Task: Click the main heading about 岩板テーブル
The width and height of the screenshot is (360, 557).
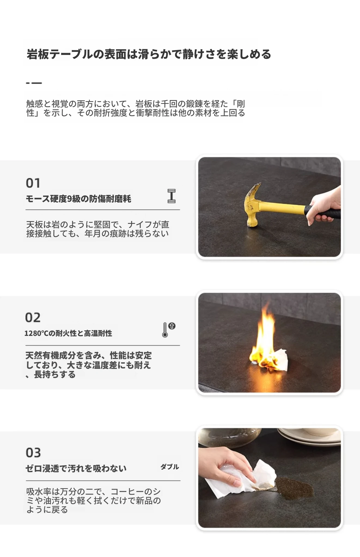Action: pyautogui.click(x=149, y=54)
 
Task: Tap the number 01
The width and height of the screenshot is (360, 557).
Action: pyautogui.click(x=33, y=183)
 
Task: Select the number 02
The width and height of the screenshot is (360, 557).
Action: pyautogui.click(x=33, y=317)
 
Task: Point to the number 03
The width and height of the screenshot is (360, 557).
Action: pyautogui.click(x=33, y=453)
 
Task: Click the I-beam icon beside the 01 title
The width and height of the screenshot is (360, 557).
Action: pyautogui.click(x=172, y=196)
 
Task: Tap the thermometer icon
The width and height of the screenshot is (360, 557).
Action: pyautogui.click(x=168, y=330)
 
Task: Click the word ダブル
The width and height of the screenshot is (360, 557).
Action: pyautogui.click(x=170, y=467)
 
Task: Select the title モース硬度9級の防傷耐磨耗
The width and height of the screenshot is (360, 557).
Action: pyautogui.click(x=78, y=199)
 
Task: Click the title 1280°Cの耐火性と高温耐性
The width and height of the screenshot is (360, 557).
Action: pyautogui.click(x=68, y=333)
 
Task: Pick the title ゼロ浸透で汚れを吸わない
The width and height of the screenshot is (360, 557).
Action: pyautogui.click(x=76, y=468)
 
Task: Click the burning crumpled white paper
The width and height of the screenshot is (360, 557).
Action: pyautogui.click(x=274, y=360)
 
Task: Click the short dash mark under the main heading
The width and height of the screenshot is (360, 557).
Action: pyautogui.click(x=34, y=83)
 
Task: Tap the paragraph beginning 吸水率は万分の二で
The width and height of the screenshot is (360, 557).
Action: pyautogui.click(x=93, y=500)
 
